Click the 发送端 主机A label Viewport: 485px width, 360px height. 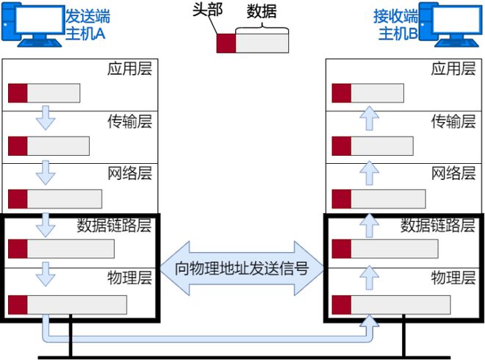(87, 25)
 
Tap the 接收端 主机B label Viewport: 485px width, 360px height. (395, 25)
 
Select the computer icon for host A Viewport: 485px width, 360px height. (32, 25)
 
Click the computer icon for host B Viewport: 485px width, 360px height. (450, 25)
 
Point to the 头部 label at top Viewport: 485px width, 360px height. (207, 10)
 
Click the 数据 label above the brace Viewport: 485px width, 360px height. (262, 12)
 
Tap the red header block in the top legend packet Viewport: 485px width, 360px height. (226, 43)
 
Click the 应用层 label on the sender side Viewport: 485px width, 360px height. (129, 68)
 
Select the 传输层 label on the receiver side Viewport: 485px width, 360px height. (453, 121)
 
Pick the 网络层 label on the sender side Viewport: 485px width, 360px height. (129, 173)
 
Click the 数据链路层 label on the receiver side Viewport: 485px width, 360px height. (438, 225)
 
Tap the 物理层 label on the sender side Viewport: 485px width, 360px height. (129, 278)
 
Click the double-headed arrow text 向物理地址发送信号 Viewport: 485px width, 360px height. (242, 268)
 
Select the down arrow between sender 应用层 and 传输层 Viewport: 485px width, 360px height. (46, 118)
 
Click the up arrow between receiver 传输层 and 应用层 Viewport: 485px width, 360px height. (370, 118)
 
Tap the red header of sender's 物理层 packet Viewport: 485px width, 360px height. (18, 305)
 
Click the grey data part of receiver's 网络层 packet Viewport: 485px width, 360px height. (388, 199)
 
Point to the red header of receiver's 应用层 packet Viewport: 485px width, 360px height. (342, 93)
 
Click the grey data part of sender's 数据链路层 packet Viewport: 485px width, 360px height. (71, 248)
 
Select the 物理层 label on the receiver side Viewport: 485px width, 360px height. (453, 278)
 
